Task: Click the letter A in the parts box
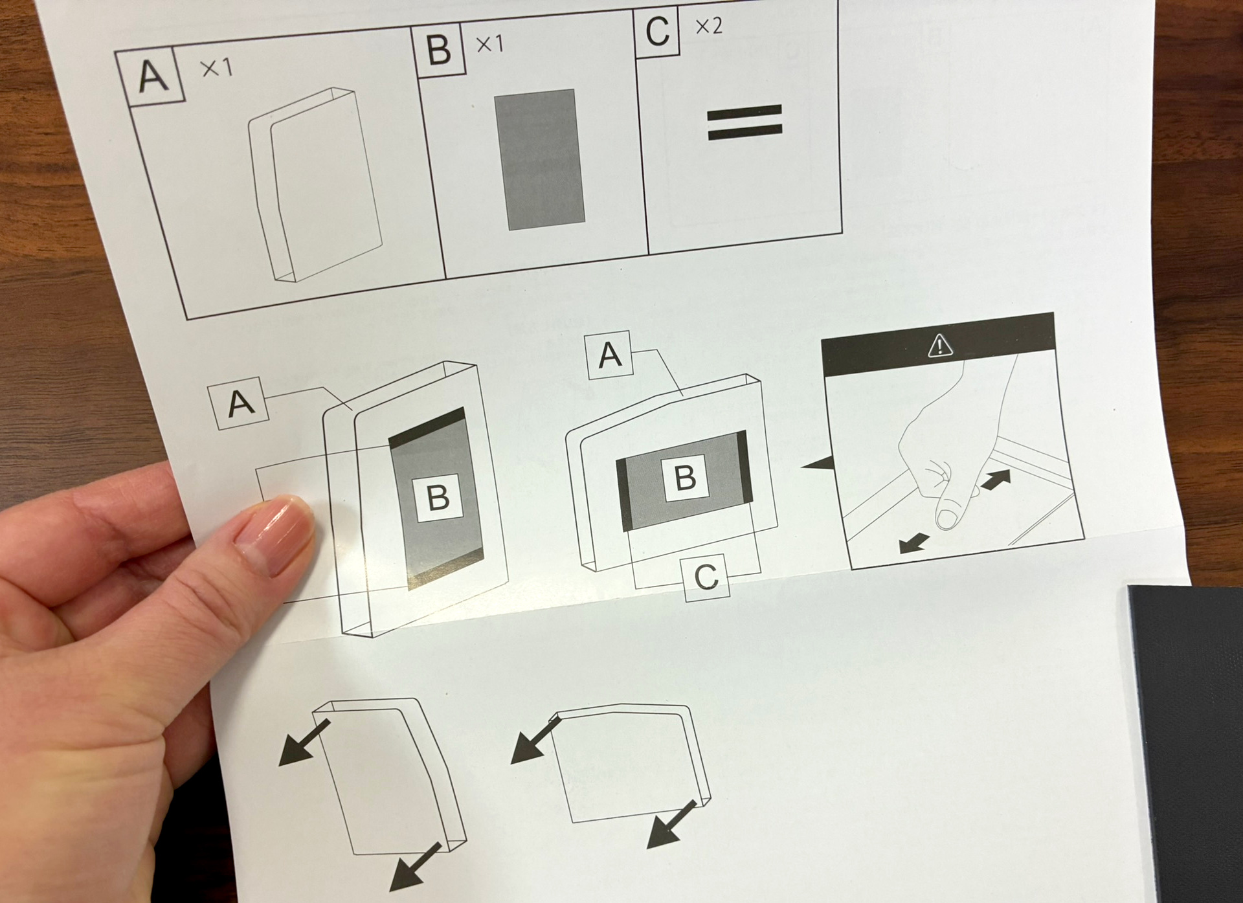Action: tap(153, 76)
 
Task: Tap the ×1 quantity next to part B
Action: tap(489, 44)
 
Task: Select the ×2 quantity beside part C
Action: tap(708, 27)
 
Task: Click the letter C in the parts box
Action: tap(657, 31)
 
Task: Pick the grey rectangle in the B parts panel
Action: tap(539, 159)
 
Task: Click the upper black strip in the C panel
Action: tap(745, 111)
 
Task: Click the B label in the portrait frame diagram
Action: tap(438, 497)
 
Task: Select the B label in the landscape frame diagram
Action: tap(685, 477)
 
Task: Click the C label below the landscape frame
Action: tap(706, 576)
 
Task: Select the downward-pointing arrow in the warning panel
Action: tap(915, 542)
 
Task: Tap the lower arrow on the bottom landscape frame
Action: tap(673, 824)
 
